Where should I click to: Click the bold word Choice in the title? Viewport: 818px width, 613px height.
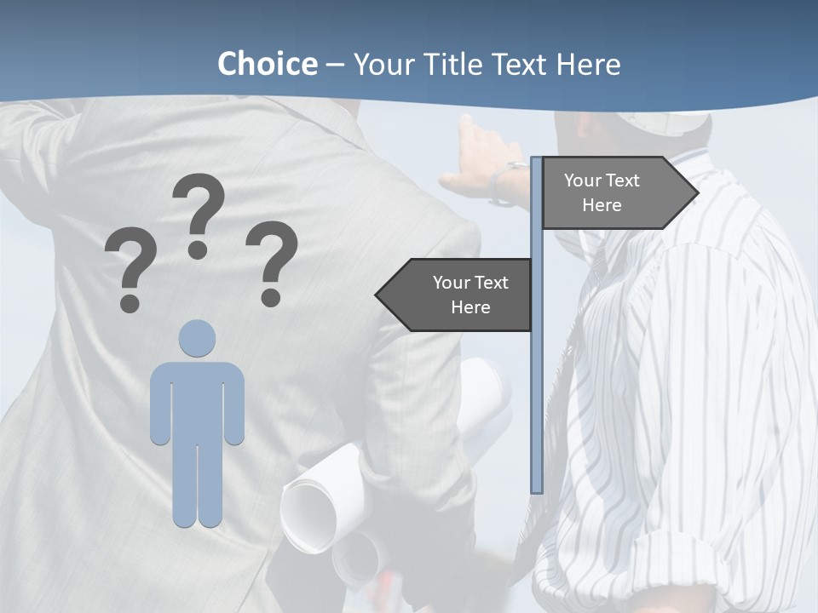click(267, 64)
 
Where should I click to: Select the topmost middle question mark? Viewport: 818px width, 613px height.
click(199, 213)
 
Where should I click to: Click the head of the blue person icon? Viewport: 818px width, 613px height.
click(197, 338)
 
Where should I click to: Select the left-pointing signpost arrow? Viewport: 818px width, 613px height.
click(456, 295)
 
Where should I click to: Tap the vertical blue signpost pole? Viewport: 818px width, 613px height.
click(537, 383)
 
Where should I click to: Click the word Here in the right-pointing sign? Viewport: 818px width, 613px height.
click(602, 205)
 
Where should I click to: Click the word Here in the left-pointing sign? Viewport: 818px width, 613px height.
click(470, 307)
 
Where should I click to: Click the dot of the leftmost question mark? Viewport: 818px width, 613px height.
click(130, 302)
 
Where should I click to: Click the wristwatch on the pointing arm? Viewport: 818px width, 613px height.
click(509, 180)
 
